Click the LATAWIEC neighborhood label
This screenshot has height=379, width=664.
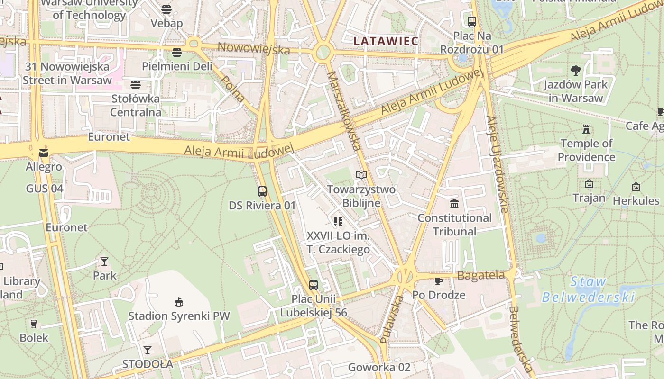coord(386,41)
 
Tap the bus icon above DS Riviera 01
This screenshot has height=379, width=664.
coord(262,191)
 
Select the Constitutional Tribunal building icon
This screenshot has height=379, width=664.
coord(454,204)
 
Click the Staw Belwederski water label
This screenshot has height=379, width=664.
coord(588,289)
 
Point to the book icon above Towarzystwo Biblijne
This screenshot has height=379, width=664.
coord(361,175)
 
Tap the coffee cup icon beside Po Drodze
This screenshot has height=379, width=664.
coord(439,281)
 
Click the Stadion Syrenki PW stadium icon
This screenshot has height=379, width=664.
coord(179,302)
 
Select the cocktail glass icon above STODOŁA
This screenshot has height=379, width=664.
coord(148,350)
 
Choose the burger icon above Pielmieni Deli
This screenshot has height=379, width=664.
coord(177,52)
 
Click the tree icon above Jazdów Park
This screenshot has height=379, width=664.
coord(576,71)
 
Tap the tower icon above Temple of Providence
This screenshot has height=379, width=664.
coord(586,129)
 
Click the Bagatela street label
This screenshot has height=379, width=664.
coord(481,275)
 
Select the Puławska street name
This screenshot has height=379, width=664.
coord(392,319)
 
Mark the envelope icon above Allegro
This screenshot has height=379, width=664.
coord(44,153)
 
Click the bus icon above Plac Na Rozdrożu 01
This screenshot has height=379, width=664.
coord(471,21)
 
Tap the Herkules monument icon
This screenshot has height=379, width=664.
coord(636,187)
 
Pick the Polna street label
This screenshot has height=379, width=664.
coord(233,89)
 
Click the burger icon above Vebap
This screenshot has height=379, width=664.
coord(166,9)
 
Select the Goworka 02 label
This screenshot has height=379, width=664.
coord(379,367)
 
